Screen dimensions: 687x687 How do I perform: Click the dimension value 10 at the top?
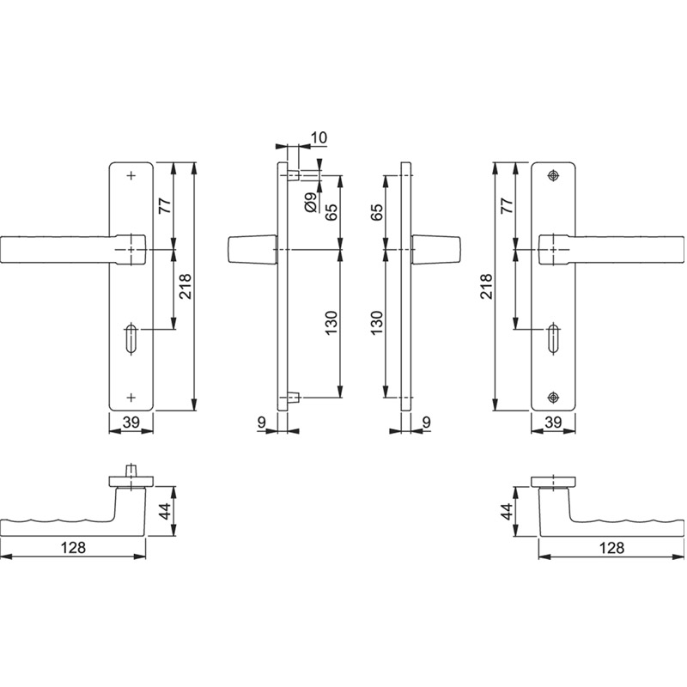[x=319, y=137]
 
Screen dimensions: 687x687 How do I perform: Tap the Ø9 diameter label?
[x=311, y=202]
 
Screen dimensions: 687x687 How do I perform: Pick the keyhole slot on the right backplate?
[x=553, y=337]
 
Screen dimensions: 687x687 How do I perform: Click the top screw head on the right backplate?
[x=553, y=176]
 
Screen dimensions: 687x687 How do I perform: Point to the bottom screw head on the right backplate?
[x=553, y=397]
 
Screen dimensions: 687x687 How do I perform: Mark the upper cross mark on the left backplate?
[x=131, y=176]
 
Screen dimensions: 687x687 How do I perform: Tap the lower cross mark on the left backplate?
[x=131, y=397]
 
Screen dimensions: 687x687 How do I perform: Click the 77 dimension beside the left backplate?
[x=165, y=205]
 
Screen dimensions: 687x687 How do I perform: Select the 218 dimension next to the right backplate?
[x=486, y=287]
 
